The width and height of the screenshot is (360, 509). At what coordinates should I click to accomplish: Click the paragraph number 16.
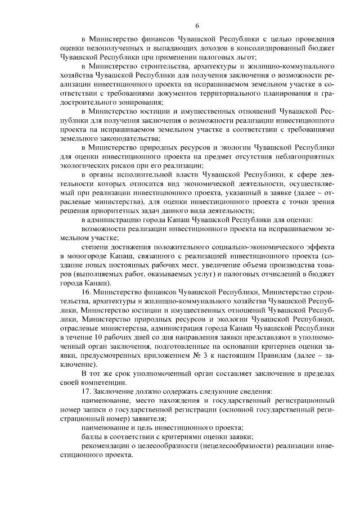click(86, 293)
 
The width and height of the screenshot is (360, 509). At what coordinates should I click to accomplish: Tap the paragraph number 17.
click(86, 391)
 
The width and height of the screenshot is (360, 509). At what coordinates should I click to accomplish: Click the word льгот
click(247, 57)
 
